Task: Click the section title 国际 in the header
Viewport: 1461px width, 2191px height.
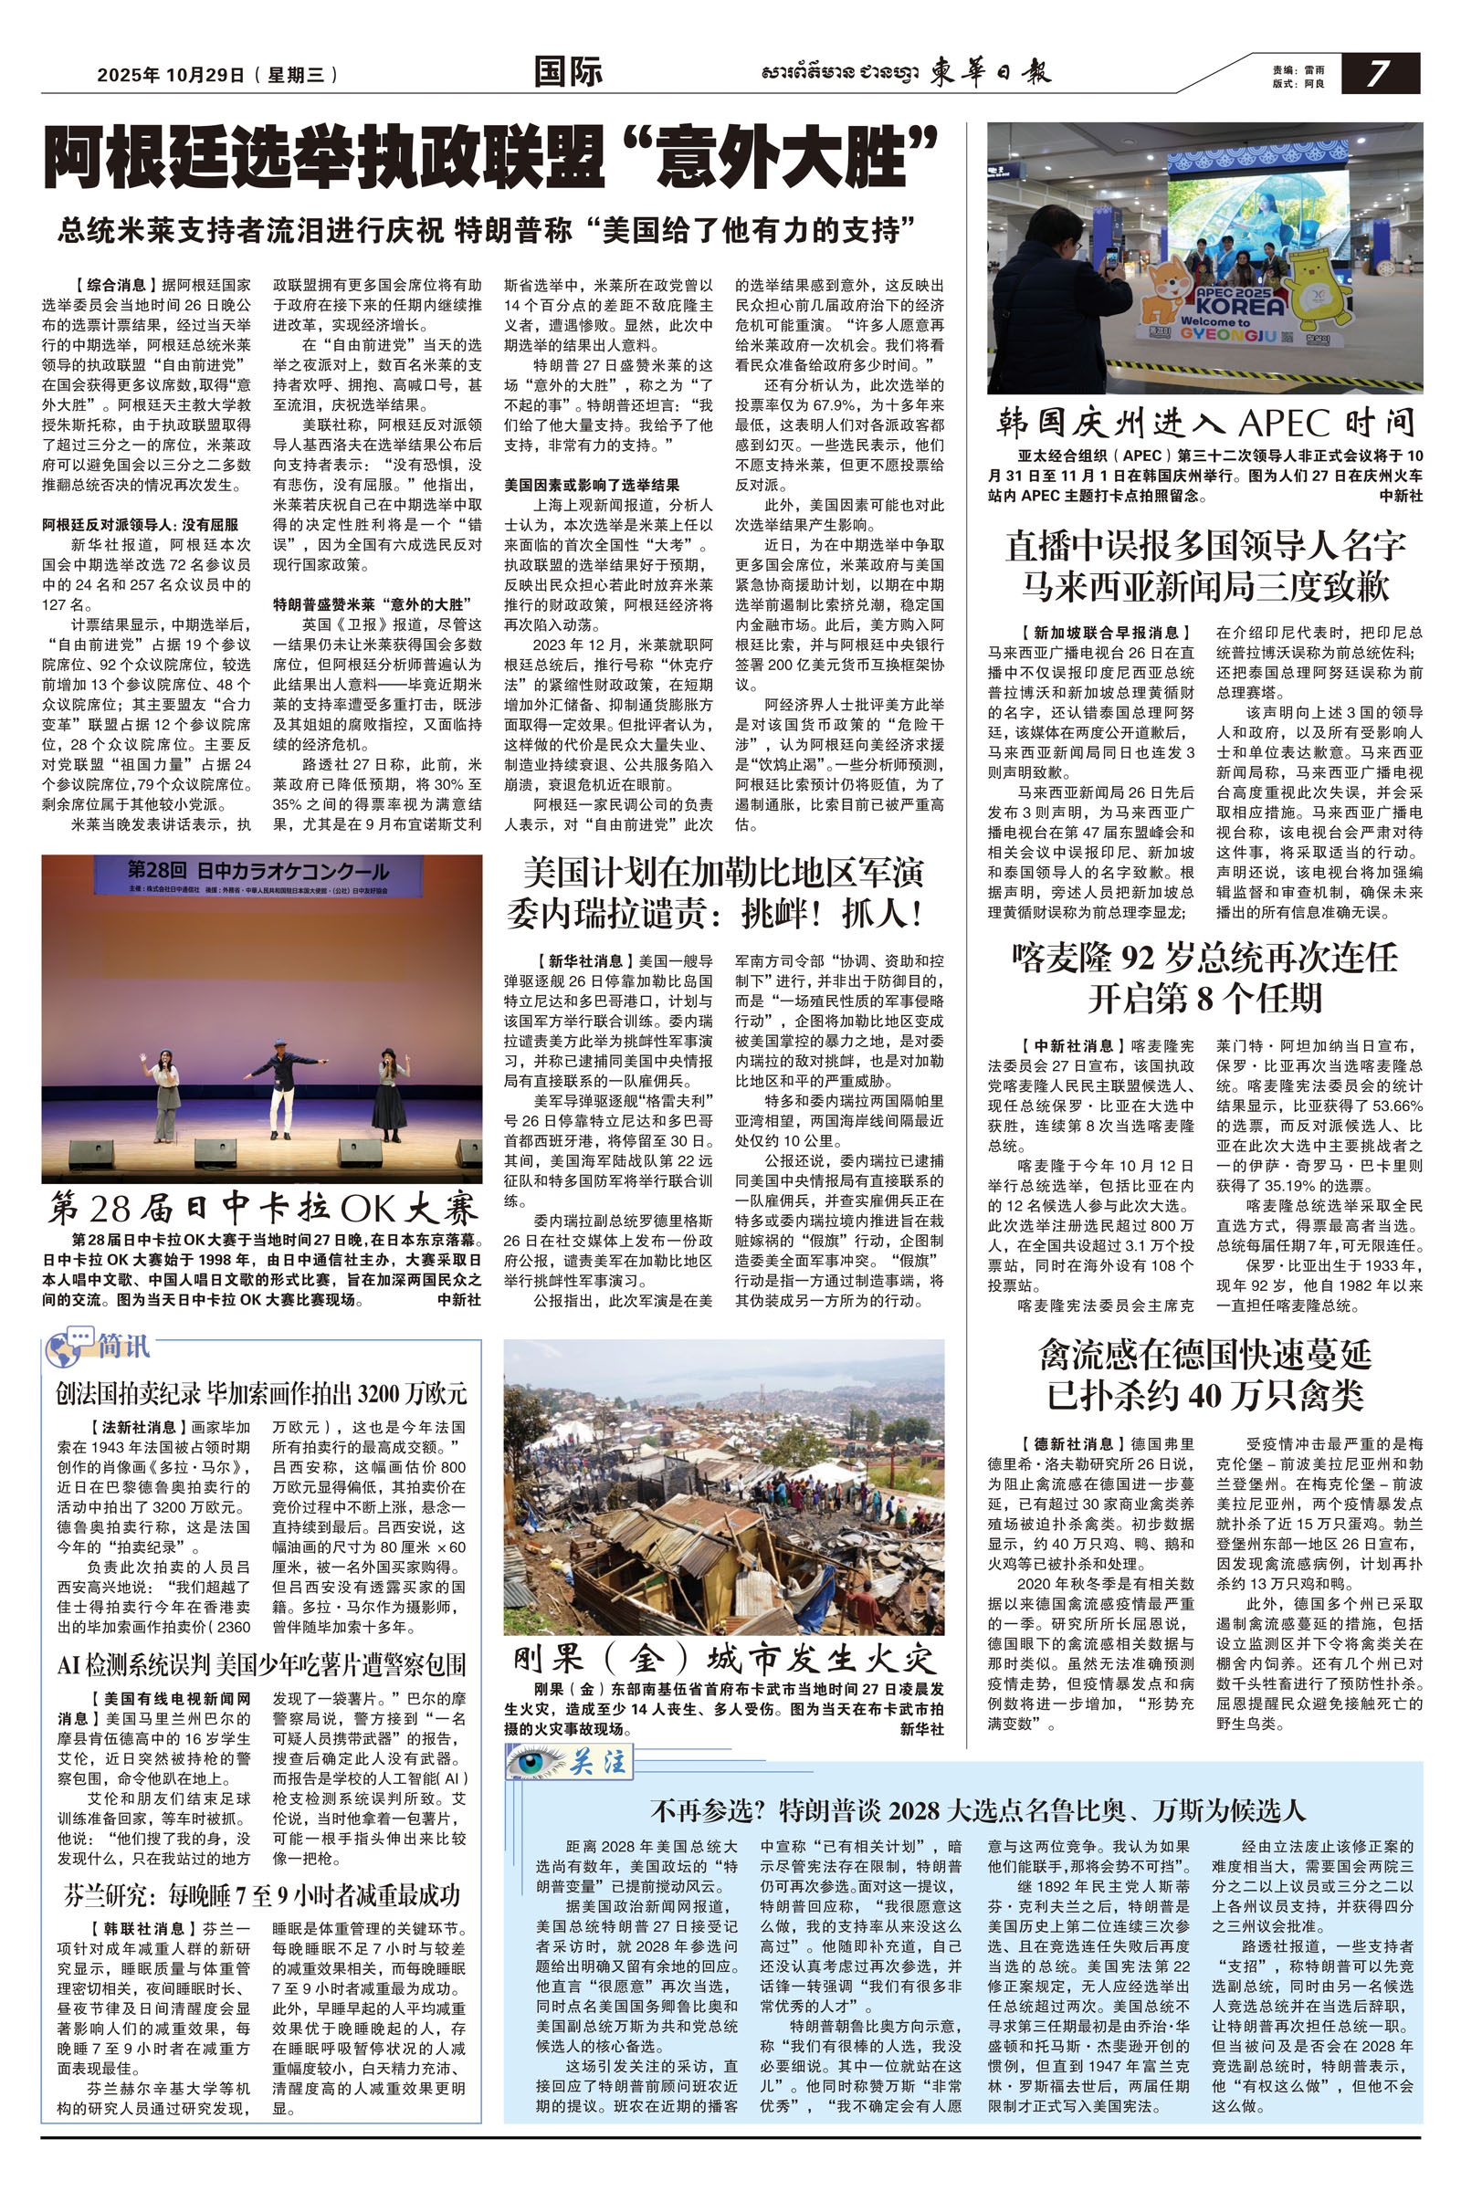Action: tap(567, 73)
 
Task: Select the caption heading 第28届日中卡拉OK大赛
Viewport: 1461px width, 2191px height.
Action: tap(262, 1209)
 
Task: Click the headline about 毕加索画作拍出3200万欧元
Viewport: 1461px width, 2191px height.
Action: tap(261, 1395)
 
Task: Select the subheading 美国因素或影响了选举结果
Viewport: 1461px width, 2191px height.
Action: tap(592, 486)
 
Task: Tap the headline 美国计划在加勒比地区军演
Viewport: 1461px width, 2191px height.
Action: tap(723, 874)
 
